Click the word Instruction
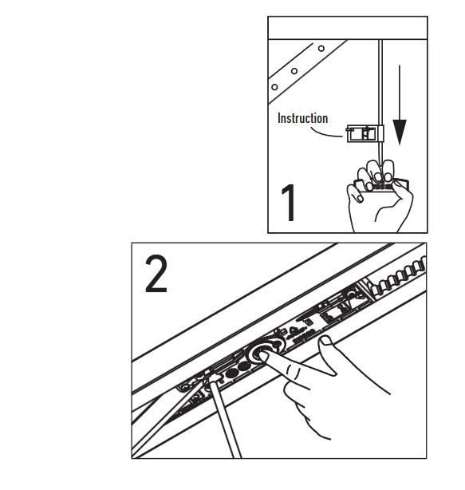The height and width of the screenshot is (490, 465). click(302, 118)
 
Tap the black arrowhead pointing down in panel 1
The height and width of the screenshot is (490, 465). click(400, 132)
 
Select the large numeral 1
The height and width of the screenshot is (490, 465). click(289, 203)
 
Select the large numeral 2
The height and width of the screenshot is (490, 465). click(156, 274)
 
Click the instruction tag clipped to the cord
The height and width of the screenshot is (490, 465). click(365, 133)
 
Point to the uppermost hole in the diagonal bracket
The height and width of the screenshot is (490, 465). click(321, 49)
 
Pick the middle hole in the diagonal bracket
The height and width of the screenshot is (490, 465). click(294, 71)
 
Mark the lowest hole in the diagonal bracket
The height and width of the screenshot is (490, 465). click(274, 87)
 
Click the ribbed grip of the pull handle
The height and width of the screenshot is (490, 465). click(381, 186)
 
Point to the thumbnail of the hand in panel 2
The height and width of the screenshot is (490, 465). click(325, 340)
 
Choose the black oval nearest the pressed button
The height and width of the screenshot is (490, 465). click(244, 366)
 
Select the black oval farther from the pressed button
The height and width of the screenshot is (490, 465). click(231, 373)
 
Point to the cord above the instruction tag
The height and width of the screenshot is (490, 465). click(380, 82)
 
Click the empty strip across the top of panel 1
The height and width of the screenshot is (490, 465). click(348, 28)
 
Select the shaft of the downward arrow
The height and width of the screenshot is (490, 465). click(400, 93)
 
